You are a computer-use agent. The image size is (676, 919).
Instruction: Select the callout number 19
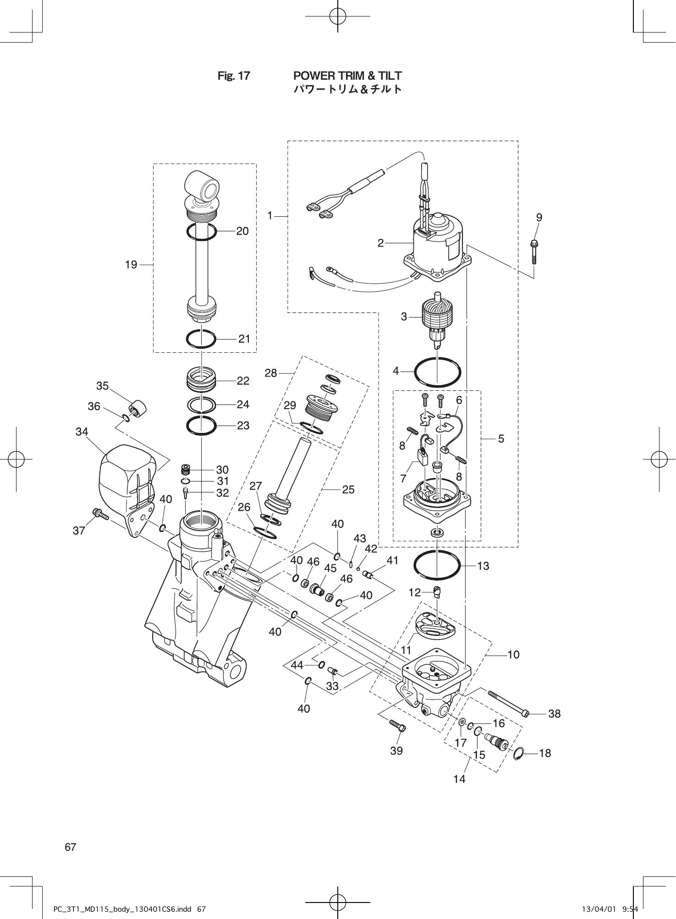coord(131,265)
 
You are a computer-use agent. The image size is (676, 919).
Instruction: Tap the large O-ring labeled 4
coord(437,372)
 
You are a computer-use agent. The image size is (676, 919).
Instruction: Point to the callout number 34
coord(82,432)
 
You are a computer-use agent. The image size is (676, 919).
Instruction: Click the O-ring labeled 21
coord(201,339)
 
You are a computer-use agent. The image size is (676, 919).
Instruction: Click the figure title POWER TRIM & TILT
coord(347,76)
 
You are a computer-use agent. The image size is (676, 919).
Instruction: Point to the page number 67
coord(71,847)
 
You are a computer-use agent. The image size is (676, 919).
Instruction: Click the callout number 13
coord(483,566)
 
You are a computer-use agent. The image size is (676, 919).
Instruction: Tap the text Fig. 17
coord(234,76)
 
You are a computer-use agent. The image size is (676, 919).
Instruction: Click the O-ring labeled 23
coord(201,426)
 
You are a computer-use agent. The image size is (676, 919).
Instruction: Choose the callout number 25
coord(348,490)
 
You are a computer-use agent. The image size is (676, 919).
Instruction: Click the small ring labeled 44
coord(322,664)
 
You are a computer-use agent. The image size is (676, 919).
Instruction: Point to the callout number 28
coord(271,373)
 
